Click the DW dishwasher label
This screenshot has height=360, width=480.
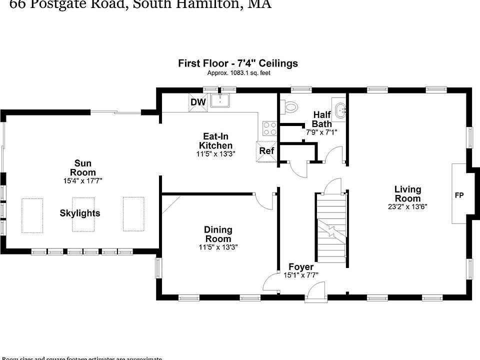[x=198, y=102]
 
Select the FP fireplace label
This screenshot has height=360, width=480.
[x=458, y=195]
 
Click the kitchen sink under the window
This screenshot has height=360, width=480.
[x=219, y=100]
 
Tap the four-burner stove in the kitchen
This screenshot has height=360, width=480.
[x=270, y=128]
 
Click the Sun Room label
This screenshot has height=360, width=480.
[x=83, y=167]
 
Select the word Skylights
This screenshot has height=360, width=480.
[x=80, y=213]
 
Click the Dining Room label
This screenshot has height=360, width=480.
[x=218, y=234]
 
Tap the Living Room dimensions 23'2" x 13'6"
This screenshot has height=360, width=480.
[x=407, y=206]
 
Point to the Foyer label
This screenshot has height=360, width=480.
[x=301, y=267]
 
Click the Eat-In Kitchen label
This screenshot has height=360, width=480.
[x=216, y=140]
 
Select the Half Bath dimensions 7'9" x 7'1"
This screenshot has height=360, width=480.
[x=321, y=132]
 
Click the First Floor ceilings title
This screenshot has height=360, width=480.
[x=238, y=63]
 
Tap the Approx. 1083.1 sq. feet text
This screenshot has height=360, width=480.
[x=239, y=73]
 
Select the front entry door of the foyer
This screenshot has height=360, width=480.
[x=316, y=292]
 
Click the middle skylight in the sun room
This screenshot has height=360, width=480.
[x=83, y=214]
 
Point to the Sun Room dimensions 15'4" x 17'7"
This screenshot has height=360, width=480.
[x=83, y=180]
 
